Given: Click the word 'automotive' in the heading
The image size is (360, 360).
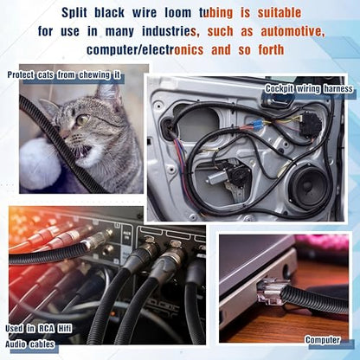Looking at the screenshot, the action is (292, 31).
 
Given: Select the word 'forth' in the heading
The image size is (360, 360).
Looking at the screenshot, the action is (271, 50).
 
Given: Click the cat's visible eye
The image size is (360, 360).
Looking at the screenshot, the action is (83, 119).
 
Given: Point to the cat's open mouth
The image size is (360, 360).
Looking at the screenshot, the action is (84, 151).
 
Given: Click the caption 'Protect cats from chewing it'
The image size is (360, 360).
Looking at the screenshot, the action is (64, 75).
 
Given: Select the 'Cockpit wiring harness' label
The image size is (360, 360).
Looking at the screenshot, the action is (309, 88).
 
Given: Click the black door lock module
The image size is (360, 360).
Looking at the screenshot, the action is (310, 124).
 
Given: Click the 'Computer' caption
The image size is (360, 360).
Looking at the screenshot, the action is (323, 340).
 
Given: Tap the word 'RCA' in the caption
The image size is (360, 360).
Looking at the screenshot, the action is (45, 329).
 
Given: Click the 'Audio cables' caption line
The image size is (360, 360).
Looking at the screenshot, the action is (29, 344).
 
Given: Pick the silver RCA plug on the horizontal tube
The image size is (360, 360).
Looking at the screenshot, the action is (99, 241).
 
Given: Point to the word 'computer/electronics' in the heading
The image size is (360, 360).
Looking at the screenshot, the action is (145, 50).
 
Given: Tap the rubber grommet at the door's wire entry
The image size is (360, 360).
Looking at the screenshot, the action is (168, 125).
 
